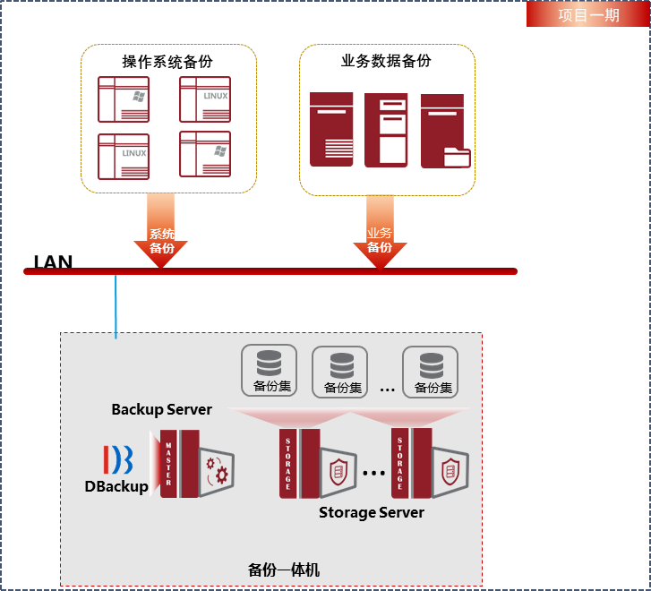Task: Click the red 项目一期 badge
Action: click(587, 14)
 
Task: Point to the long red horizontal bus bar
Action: click(270, 271)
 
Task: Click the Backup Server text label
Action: click(161, 409)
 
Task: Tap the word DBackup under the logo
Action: click(116, 486)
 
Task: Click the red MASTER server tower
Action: click(179, 463)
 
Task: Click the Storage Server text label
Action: click(371, 512)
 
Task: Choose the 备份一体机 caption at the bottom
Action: click(283, 570)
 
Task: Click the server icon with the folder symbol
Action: click(445, 131)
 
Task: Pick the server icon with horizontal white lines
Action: click(331, 129)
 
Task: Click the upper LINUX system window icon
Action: click(205, 98)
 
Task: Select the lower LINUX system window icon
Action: click(123, 156)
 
